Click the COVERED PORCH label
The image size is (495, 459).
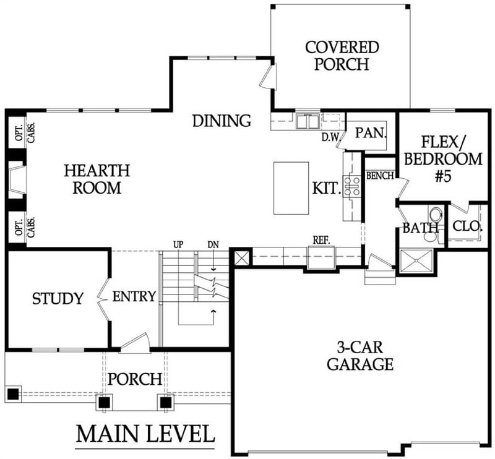coord(342,56)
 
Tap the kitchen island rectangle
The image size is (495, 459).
coord(291,188)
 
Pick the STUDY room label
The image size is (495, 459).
coord(58,299)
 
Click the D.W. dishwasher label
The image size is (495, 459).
coord(329,137)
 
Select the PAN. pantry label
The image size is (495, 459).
coord(371,132)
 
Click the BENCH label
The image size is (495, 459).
coord(379,176)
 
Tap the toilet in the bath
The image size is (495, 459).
coord(435,215)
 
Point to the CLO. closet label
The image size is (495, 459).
coord(467,226)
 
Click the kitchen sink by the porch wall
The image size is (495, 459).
coord(307,121)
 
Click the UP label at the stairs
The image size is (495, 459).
coord(178,245)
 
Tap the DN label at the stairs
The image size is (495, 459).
coord(212,245)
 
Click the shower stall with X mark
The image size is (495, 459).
coord(416,262)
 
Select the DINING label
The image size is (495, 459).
coord(221,121)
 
